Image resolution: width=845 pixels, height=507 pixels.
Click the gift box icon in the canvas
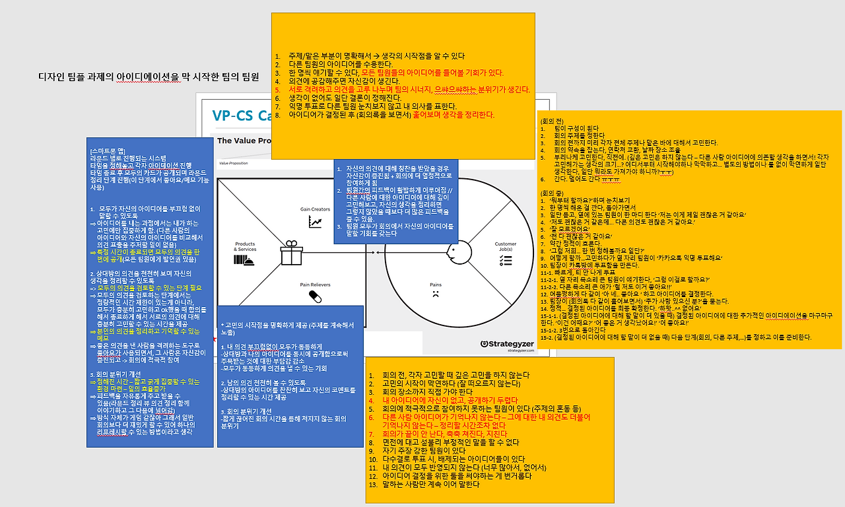click(290, 253)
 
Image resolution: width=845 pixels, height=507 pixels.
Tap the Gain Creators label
click(314, 209)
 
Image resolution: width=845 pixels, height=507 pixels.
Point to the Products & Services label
click(245, 246)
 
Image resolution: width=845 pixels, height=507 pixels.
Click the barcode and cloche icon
click(245, 261)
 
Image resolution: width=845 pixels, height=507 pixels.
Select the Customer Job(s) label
click(506, 246)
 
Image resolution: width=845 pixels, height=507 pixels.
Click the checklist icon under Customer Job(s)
click(506, 261)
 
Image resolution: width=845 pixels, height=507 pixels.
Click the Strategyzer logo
click(509, 343)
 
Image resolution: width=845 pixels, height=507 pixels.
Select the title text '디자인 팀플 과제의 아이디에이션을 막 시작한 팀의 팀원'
click(149, 77)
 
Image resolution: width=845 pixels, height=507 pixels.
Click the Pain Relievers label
click(315, 285)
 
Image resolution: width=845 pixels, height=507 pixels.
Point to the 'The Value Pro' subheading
click(244, 141)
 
